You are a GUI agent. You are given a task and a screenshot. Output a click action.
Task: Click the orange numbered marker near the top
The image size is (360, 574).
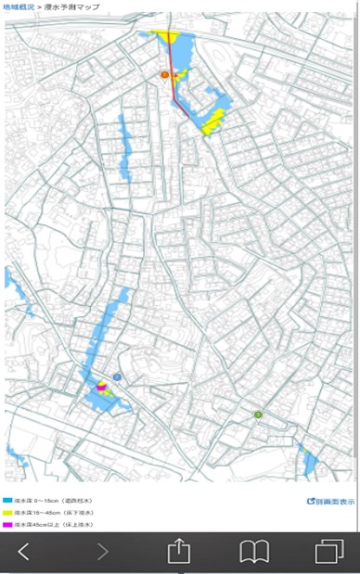pyautogui.click(x=164, y=74)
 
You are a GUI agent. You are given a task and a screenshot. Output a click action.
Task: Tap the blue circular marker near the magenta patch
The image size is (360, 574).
pyautogui.click(x=118, y=376)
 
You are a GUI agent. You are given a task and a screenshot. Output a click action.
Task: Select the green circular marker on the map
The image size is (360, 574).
pyautogui.click(x=258, y=414)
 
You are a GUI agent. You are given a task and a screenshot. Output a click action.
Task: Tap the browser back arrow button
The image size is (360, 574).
pyautogui.click(x=24, y=552)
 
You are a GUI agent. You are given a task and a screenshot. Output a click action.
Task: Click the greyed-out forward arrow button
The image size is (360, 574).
pyautogui.click(x=102, y=552)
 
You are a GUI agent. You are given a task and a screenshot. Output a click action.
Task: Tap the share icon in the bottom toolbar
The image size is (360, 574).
pyautogui.click(x=178, y=551)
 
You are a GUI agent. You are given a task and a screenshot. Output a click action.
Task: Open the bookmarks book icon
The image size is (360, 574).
pyautogui.click(x=253, y=552)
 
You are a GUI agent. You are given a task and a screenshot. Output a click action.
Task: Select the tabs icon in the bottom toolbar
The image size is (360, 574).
pyautogui.click(x=328, y=552)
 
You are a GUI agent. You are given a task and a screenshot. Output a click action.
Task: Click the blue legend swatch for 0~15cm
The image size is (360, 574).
pyautogui.click(x=7, y=500)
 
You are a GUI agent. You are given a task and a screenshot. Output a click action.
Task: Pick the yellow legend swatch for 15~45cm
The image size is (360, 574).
pyautogui.click(x=7, y=512)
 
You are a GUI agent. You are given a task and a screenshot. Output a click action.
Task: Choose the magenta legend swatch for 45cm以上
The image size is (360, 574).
pyautogui.click(x=7, y=525)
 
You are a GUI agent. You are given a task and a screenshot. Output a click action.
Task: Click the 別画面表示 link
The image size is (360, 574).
pyautogui.click(x=331, y=501)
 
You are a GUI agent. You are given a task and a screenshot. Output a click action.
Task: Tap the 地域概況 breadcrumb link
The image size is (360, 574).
pyautogui.click(x=18, y=6)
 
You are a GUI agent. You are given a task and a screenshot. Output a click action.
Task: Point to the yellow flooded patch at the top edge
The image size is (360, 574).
pyautogui.click(x=168, y=37)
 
